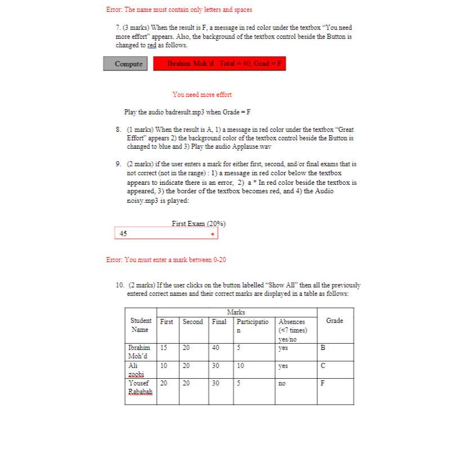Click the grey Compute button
click(x=128, y=64)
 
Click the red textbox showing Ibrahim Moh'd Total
click(x=219, y=64)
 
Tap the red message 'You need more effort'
click(x=202, y=95)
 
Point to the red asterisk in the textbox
click(x=212, y=234)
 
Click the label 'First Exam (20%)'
click(x=198, y=224)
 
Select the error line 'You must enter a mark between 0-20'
click(x=166, y=260)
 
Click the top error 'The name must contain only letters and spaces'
click(x=179, y=10)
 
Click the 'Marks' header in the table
click(x=236, y=312)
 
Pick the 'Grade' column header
click(x=334, y=321)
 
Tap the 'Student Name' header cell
click(x=140, y=325)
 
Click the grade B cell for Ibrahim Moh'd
click(x=323, y=348)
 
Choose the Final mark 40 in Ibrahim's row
click(x=216, y=348)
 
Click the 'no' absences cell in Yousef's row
click(x=282, y=383)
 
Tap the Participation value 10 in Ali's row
click(x=241, y=366)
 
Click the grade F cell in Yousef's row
click(x=323, y=383)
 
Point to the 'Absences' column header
click(x=292, y=322)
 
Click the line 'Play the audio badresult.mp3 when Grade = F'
click(x=187, y=112)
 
